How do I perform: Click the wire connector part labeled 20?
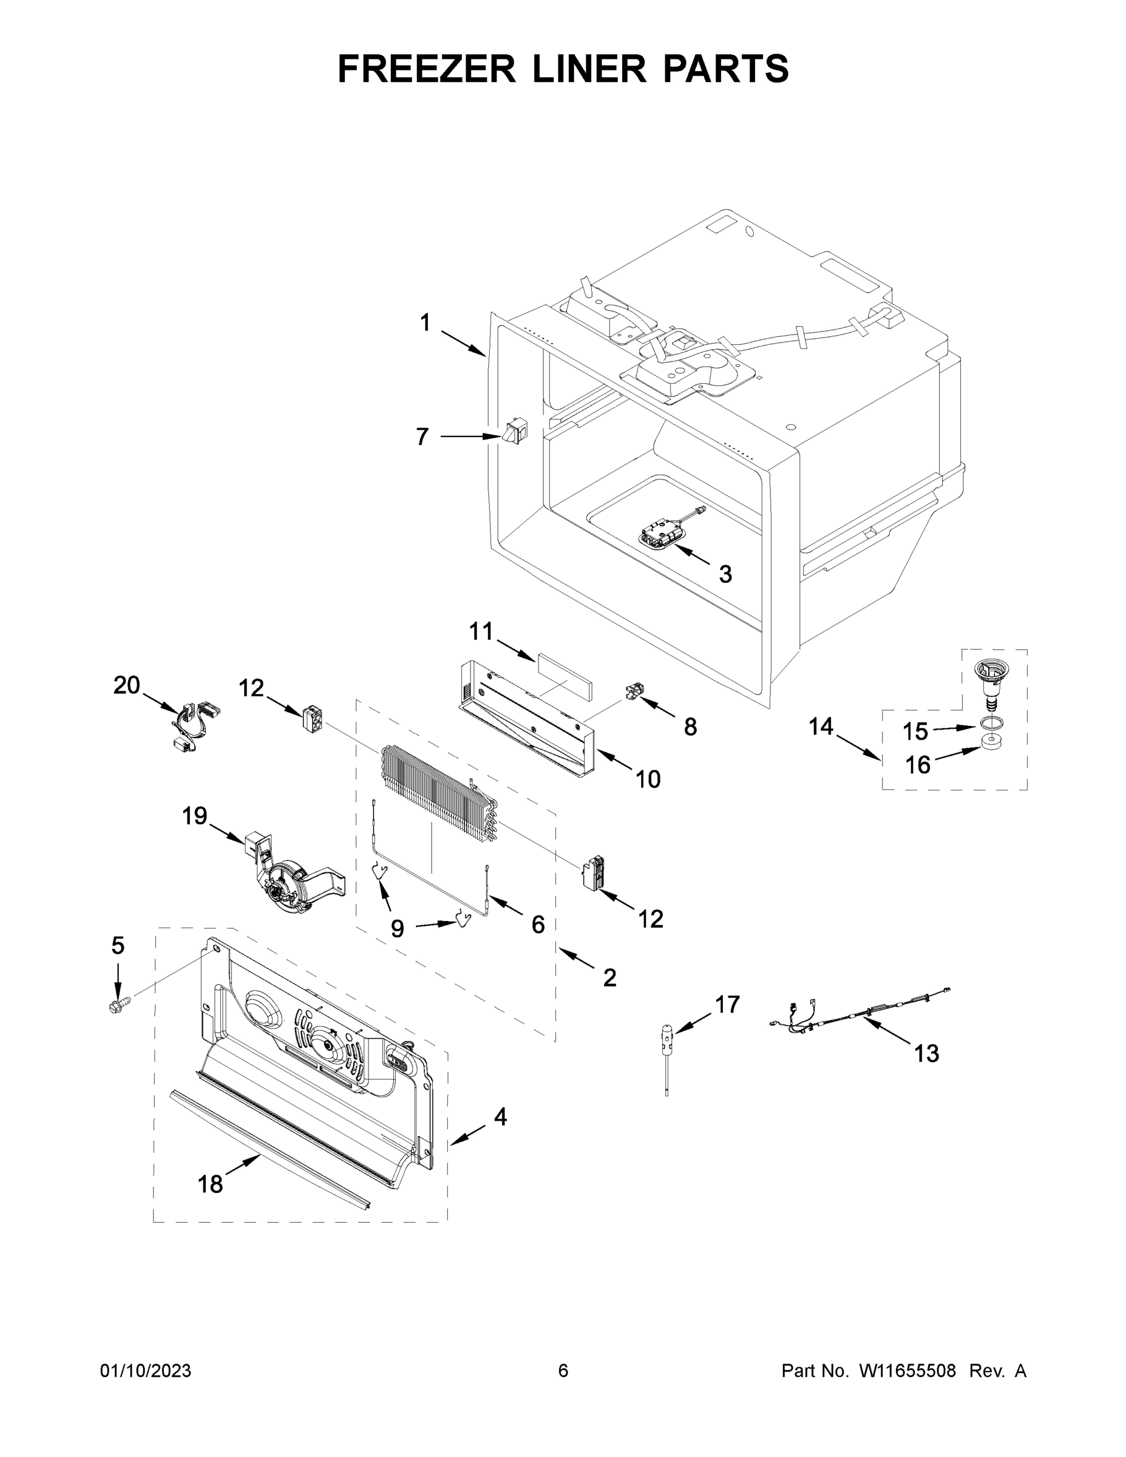pos(194,724)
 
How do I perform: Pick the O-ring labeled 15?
pos(991,722)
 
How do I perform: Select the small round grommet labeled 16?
pos(991,742)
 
